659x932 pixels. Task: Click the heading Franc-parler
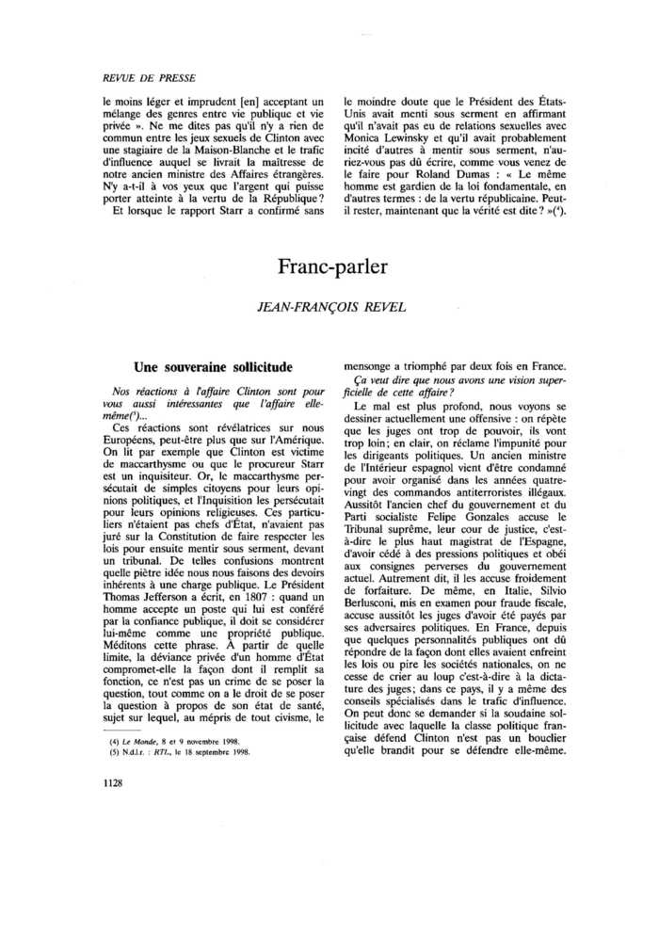(332, 266)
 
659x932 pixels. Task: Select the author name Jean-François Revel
(332, 306)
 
